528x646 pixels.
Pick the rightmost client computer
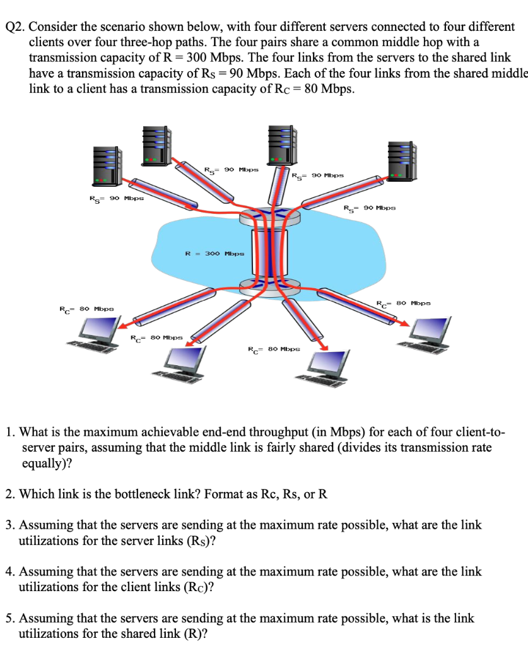coord(430,332)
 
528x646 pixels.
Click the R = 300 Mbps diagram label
coord(214,254)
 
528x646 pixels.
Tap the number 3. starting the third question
coord(11,525)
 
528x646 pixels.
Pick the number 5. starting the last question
coord(11,619)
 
